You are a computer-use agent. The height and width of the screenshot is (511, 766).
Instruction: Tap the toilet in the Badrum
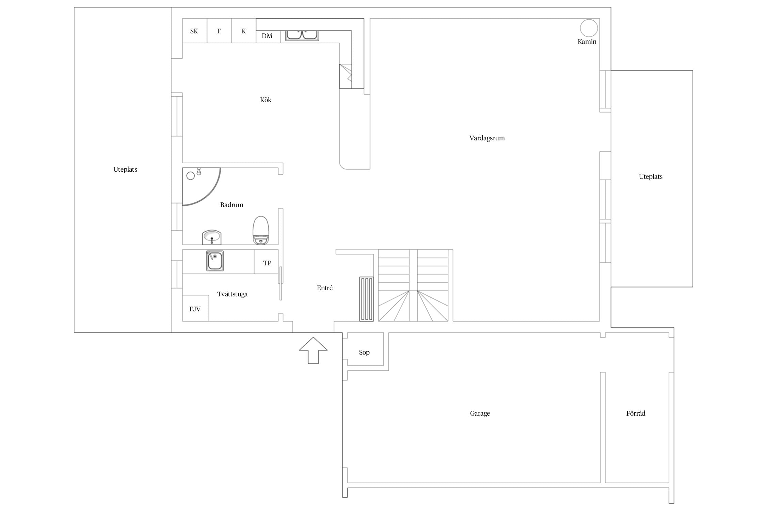point(261,230)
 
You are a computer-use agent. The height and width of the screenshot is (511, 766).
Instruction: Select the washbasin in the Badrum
point(212,237)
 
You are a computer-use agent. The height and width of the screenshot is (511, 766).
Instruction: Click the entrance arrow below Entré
point(313,350)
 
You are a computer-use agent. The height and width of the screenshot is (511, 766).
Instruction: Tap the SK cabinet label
point(194,31)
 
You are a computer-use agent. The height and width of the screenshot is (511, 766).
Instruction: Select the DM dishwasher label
point(267,36)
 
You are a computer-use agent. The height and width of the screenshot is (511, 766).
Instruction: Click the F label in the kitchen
point(219,31)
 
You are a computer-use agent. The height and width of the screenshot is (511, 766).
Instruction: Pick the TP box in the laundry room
point(266,262)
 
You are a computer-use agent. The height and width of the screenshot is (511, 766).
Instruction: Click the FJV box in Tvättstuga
point(195,308)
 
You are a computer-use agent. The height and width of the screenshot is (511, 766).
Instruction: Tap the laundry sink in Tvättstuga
point(214,261)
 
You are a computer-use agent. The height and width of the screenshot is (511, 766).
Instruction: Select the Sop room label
point(364,352)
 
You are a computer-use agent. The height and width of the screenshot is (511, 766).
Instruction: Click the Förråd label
point(636,413)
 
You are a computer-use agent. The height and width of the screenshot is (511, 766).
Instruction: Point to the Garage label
point(480,414)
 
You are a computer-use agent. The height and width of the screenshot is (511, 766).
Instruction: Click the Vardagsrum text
point(487,138)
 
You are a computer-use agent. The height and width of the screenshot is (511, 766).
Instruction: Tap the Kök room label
point(266,100)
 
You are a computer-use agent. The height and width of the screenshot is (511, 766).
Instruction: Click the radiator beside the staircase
point(366,299)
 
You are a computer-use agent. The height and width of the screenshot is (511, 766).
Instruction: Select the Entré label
point(325,288)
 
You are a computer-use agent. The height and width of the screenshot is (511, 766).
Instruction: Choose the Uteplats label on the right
point(651,176)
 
